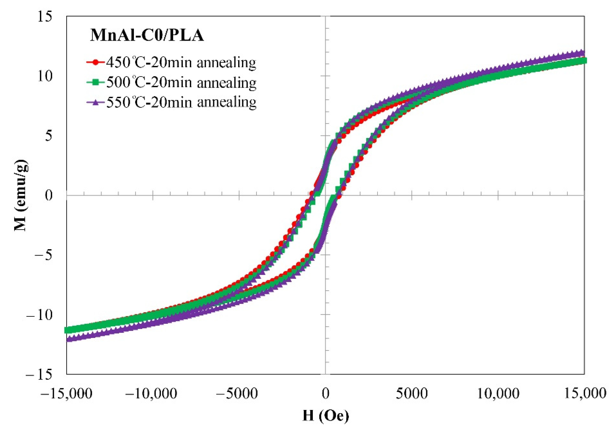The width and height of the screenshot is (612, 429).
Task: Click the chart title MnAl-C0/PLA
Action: (147, 35)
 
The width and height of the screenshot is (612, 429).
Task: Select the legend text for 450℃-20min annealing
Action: (181, 62)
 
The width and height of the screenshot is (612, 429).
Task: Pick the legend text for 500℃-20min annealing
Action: (181, 83)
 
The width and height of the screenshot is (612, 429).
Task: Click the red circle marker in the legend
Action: (96, 62)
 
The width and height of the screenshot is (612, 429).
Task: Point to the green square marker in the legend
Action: (96, 83)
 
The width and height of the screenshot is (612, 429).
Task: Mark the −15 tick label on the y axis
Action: (39, 375)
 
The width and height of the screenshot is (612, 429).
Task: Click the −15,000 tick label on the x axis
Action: (67, 393)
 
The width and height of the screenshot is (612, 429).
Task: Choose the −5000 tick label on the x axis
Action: (237, 393)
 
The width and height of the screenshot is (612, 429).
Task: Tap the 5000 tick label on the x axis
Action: (412, 393)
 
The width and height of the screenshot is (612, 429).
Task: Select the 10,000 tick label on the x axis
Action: (498, 393)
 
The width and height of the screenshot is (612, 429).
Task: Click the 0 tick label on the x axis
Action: (325, 393)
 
